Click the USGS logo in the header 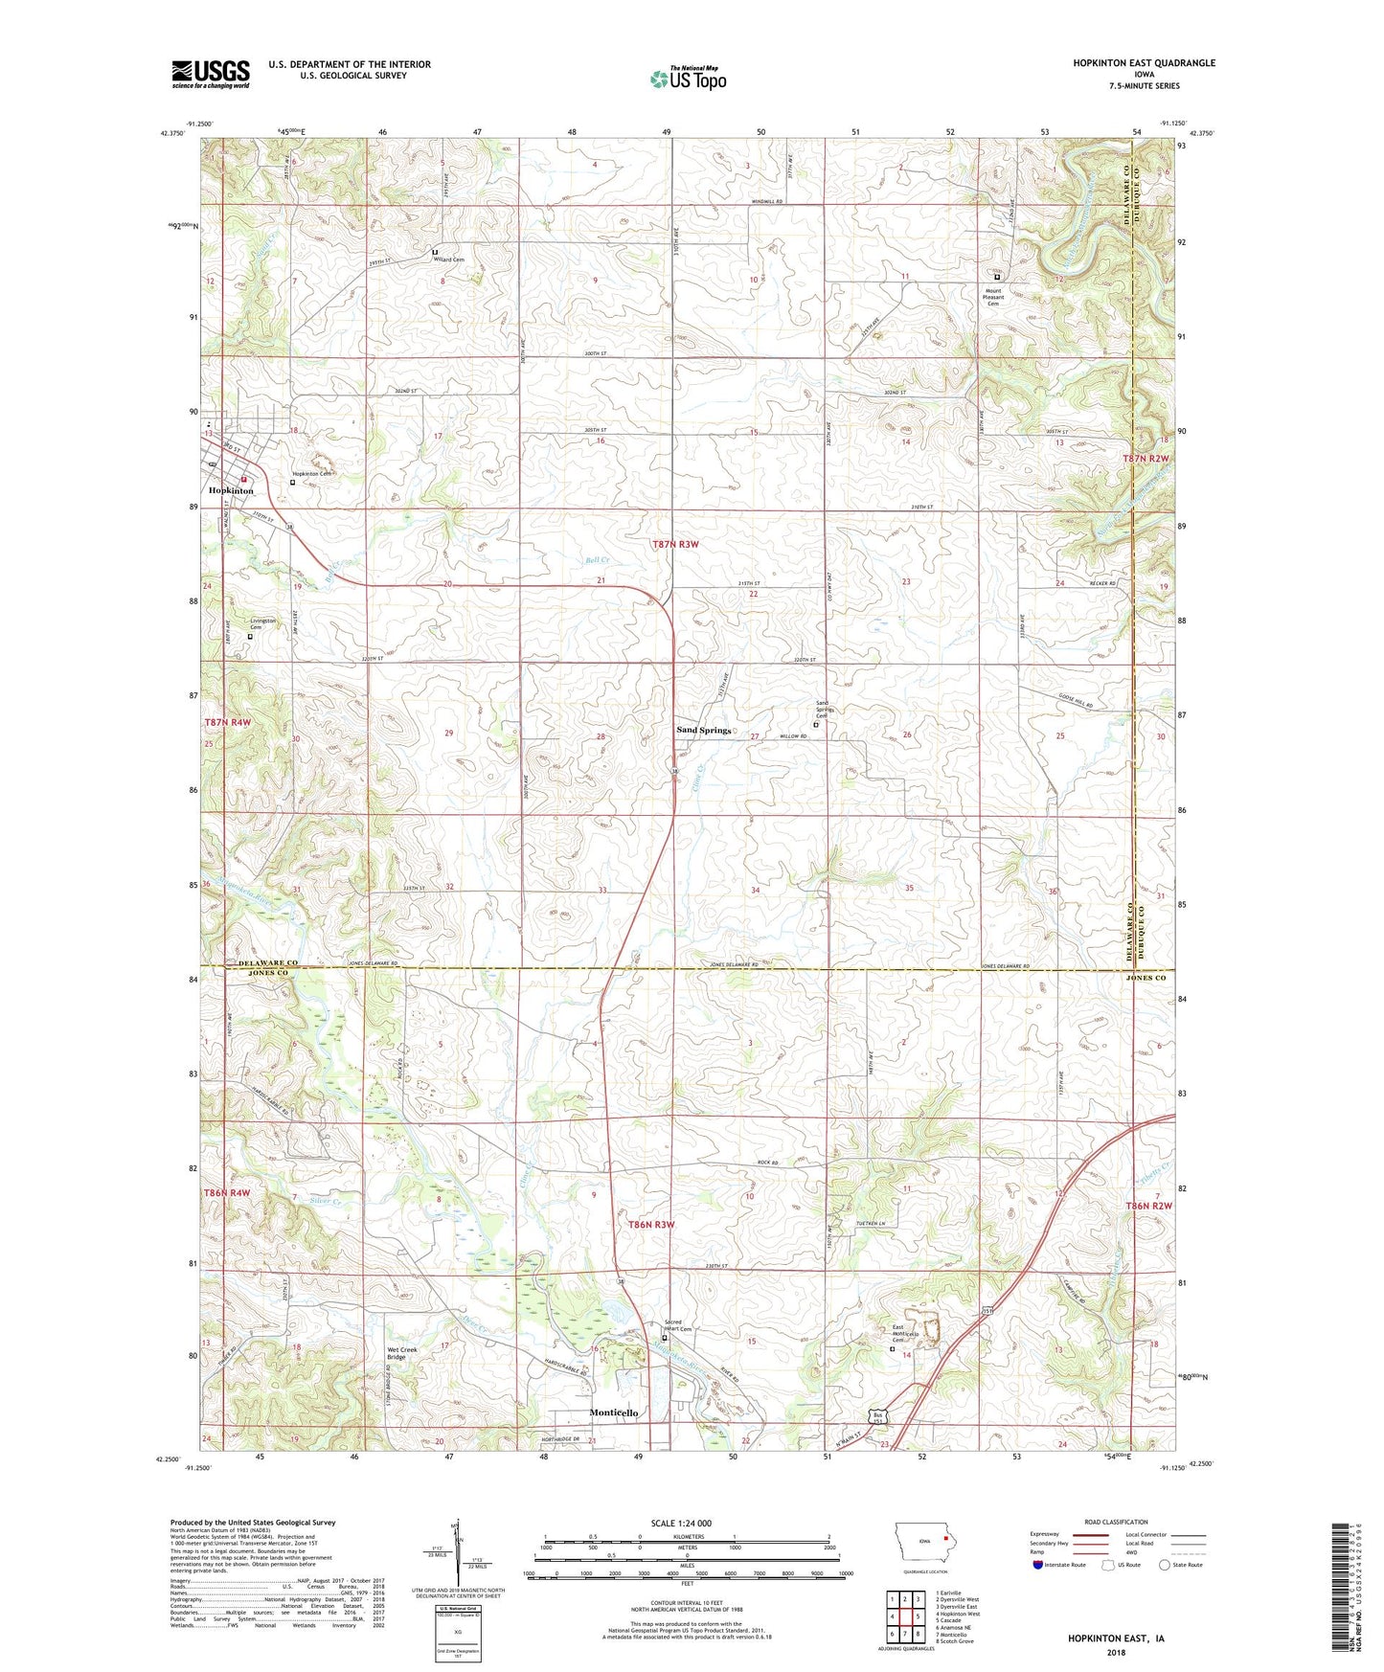tap(211, 74)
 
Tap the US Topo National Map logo tap(687, 78)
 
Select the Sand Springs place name tap(704, 731)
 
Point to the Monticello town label tap(614, 1412)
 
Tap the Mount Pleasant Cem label tap(993, 297)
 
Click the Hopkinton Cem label tap(311, 474)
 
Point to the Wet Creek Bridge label tap(402, 1353)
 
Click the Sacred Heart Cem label tap(678, 1325)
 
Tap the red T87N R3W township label tap(676, 544)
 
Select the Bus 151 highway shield tap(878, 1416)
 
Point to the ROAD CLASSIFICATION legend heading tap(1117, 1522)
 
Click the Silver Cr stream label tap(324, 1201)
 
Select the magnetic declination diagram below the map tap(457, 1556)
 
